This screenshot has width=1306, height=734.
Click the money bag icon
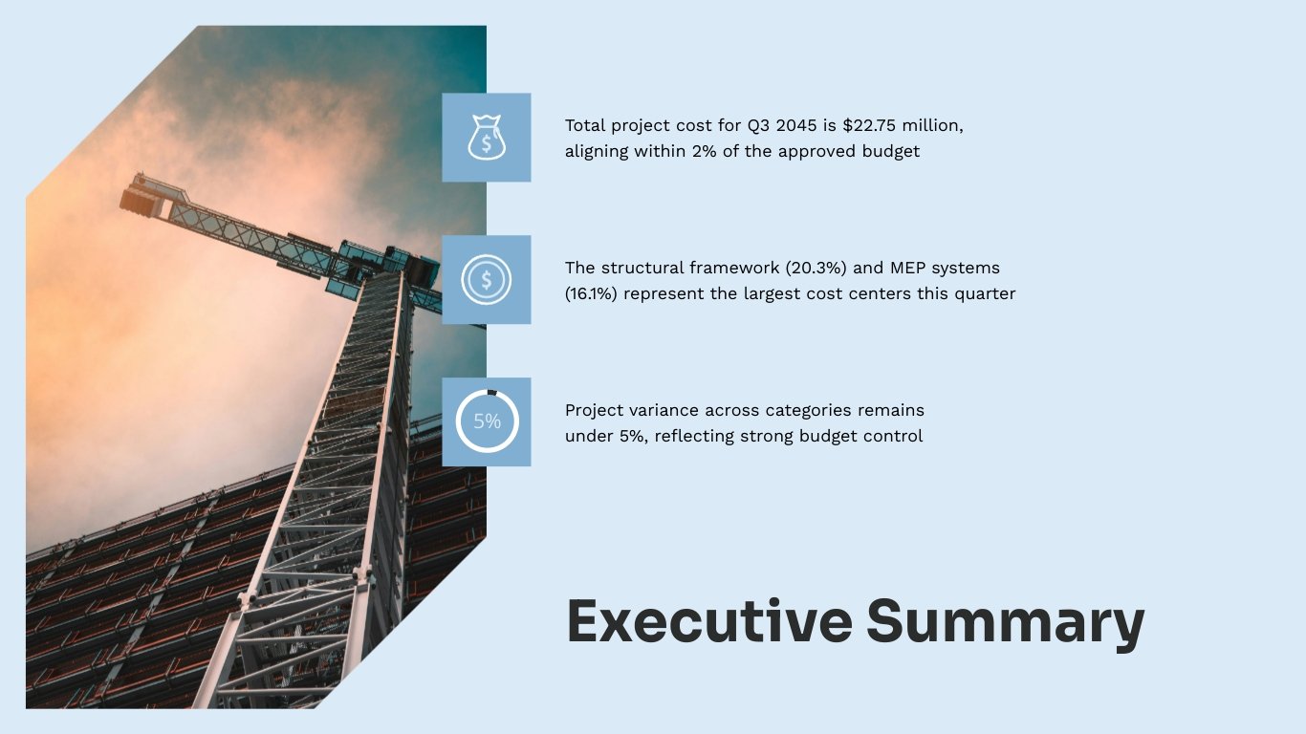click(x=486, y=138)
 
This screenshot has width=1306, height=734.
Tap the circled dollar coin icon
click(x=486, y=280)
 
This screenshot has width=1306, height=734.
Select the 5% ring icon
click(x=486, y=421)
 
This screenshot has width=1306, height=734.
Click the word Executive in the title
click(x=708, y=621)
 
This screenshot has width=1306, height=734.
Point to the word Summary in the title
click(x=1005, y=623)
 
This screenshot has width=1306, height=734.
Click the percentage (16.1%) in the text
click(x=592, y=293)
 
